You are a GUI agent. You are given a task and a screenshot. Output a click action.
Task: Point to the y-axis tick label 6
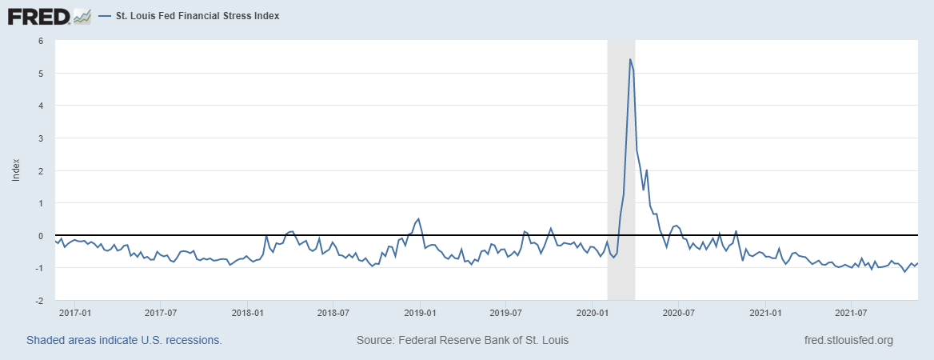[40, 40]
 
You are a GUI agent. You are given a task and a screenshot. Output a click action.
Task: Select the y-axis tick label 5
[40, 73]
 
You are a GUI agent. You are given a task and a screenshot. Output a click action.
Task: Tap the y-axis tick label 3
[40, 138]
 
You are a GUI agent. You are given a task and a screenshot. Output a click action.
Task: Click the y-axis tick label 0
[40, 236]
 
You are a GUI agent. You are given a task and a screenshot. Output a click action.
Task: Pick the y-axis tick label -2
[38, 301]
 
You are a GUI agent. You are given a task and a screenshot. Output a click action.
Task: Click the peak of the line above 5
[630, 59]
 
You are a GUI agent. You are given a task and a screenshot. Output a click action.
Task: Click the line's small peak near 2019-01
[418, 218]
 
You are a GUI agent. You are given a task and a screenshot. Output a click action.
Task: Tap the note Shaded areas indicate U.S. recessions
[124, 340]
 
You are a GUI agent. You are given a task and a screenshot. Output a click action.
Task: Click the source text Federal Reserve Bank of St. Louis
[462, 340]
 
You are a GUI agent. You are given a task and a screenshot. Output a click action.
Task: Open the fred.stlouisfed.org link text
[848, 340]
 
